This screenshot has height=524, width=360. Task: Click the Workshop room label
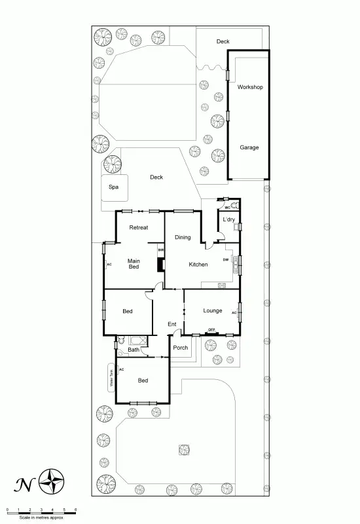coord(250,86)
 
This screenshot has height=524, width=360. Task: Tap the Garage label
coord(249,147)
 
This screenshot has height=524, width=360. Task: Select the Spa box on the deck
coord(114,187)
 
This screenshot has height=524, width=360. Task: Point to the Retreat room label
coord(138,227)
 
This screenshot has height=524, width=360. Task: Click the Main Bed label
coord(134,263)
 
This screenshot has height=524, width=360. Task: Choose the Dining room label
coord(183,237)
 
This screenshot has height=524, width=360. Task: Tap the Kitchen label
coord(198,264)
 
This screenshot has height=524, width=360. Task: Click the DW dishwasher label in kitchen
coord(225,259)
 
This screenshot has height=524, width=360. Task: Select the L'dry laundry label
coord(228,219)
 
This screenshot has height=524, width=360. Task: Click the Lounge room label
coord(213,310)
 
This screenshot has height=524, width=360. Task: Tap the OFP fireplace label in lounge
coord(211,329)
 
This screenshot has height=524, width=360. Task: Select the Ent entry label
coord(172,324)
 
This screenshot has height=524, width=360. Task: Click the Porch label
coord(181,348)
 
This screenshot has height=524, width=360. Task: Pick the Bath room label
coord(134,350)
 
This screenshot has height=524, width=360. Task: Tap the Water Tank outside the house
coord(112,379)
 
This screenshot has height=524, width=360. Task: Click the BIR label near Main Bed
coord(160,250)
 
